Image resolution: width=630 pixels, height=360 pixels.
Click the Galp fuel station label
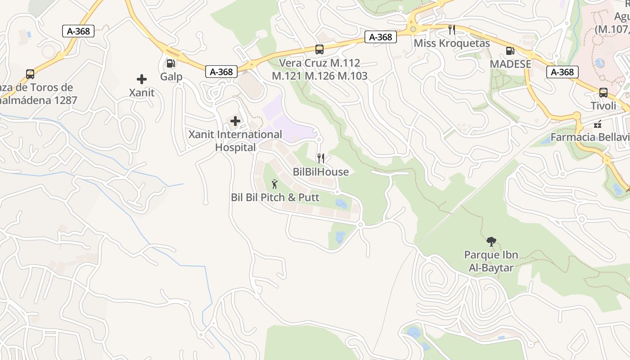(x=171, y=76)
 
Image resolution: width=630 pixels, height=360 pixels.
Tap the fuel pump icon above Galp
(x=171, y=63)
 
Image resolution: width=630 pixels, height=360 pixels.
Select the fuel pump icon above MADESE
(x=510, y=51)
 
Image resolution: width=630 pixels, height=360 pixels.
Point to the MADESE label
(x=510, y=64)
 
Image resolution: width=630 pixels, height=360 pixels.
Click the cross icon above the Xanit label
(x=142, y=80)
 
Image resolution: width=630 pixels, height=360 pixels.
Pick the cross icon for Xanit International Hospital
(x=235, y=121)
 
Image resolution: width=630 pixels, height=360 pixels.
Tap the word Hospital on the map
(x=235, y=147)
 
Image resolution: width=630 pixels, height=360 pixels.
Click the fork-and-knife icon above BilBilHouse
(x=321, y=158)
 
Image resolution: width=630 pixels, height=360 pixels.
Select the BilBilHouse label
(x=321, y=171)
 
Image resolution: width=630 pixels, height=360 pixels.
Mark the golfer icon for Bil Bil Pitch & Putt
(x=275, y=184)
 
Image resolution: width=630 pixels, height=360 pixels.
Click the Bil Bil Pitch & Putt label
(x=275, y=197)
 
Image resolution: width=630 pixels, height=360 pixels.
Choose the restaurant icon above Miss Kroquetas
(x=452, y=30)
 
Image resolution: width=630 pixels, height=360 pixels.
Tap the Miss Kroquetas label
(x=452, y=43)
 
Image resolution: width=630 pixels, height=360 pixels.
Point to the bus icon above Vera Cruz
(x=319, y=49)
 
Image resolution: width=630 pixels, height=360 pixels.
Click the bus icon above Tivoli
(x=603, y=93)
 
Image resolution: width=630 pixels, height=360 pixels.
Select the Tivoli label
(x=603, y=106)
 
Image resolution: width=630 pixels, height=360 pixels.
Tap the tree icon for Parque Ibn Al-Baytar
(x=491, y=242)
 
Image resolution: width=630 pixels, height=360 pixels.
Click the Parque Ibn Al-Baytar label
(x=491, y=261)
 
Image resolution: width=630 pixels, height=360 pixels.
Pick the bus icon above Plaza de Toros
(x=30, y=74)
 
